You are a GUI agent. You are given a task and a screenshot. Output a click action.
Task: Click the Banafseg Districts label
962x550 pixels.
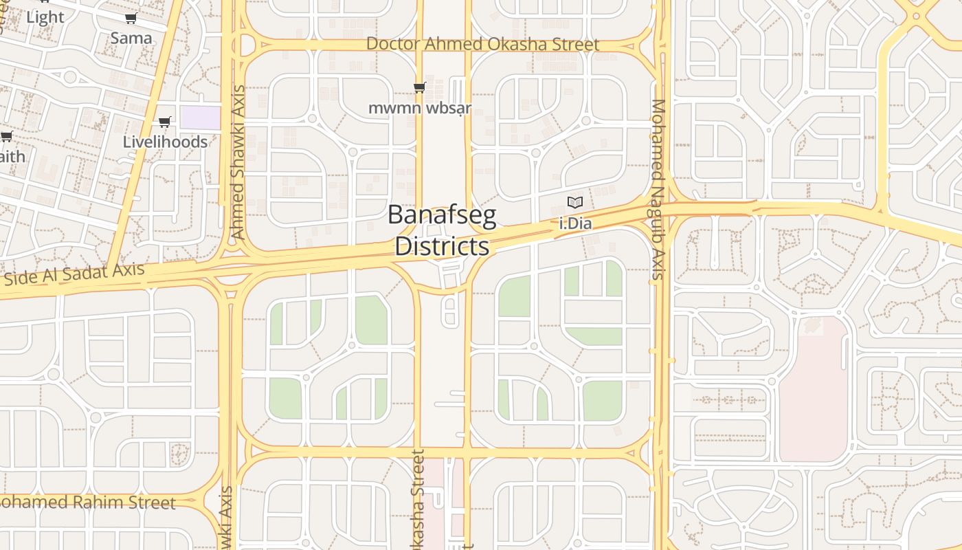[442, 230]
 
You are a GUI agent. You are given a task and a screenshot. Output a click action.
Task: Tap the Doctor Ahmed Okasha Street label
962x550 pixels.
[482, 44]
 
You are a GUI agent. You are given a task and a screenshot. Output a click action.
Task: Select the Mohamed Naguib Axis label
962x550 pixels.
[658, 190]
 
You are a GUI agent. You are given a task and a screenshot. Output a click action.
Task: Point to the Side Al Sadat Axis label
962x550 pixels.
[75, 274]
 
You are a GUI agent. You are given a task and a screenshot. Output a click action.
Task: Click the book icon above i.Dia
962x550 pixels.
[575, 203]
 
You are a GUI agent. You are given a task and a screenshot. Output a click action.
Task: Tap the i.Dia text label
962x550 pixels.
[576, 223]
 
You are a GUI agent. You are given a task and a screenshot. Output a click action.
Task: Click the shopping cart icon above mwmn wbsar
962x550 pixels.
[419, 87]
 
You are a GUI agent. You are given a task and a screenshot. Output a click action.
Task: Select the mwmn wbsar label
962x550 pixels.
[420, 108]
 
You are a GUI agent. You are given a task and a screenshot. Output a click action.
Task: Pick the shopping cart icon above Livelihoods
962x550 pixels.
[164, 122]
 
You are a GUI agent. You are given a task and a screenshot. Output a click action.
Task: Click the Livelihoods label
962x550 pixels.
[165, 142]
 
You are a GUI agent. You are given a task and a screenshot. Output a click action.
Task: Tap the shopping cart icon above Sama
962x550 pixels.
[131, 19]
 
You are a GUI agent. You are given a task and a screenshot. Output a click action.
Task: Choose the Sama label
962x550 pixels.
[131, 37]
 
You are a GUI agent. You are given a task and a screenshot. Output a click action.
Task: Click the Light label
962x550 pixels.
[45, 17]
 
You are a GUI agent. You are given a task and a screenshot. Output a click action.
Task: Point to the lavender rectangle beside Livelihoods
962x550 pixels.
[200, 118]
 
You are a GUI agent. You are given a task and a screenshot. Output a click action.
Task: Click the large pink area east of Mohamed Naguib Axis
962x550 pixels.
[814, 392]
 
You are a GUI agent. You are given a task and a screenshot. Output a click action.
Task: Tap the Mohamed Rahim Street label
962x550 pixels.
[87, 503]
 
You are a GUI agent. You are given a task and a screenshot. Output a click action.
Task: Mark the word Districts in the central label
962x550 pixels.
[442, 246]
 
